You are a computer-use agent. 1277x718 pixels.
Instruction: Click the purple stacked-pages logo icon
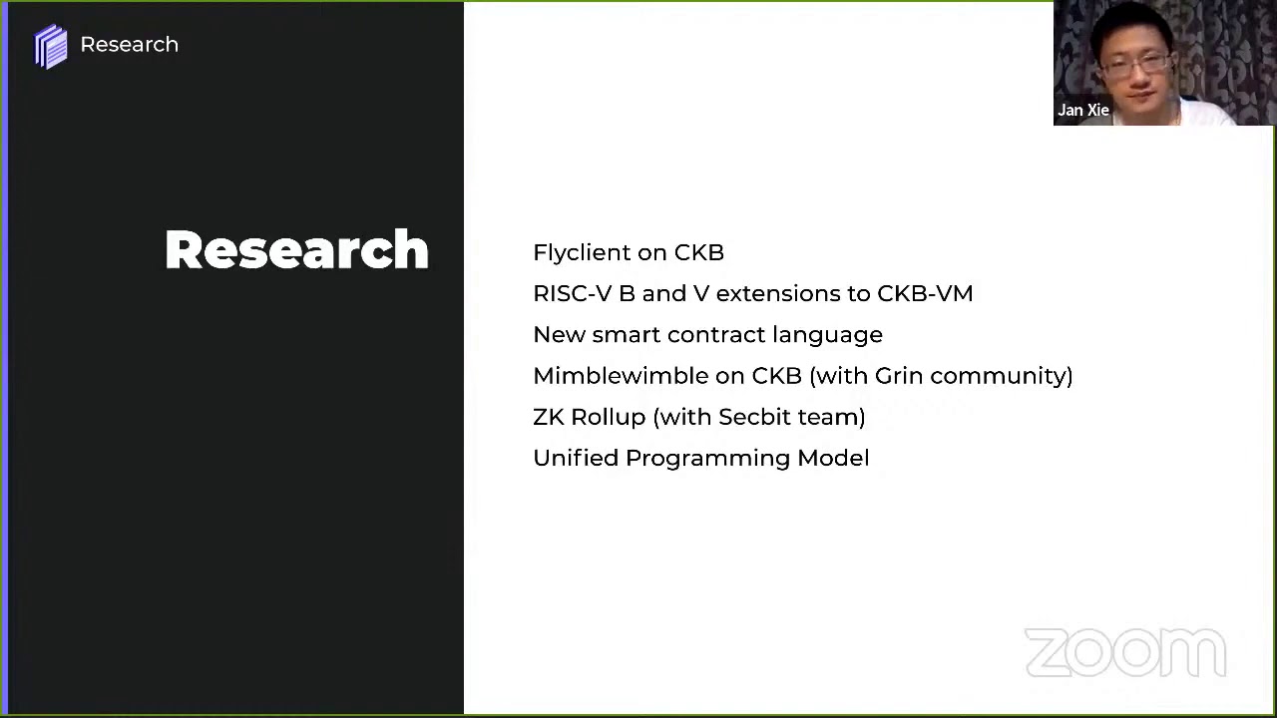pos(51,47)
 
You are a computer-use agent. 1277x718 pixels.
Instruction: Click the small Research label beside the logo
pos(130,45)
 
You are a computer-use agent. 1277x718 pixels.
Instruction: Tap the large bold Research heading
pos(297,249)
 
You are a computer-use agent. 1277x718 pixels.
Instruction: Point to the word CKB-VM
pos(925,294)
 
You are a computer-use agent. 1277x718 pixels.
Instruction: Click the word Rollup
pos(609,417)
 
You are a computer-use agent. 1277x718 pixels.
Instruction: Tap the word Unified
pos(576,458)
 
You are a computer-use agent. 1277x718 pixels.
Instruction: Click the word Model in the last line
pos(833,458)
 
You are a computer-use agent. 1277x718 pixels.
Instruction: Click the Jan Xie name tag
pos(1083,110)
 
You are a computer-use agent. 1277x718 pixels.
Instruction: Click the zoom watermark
pos(1125,653)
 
